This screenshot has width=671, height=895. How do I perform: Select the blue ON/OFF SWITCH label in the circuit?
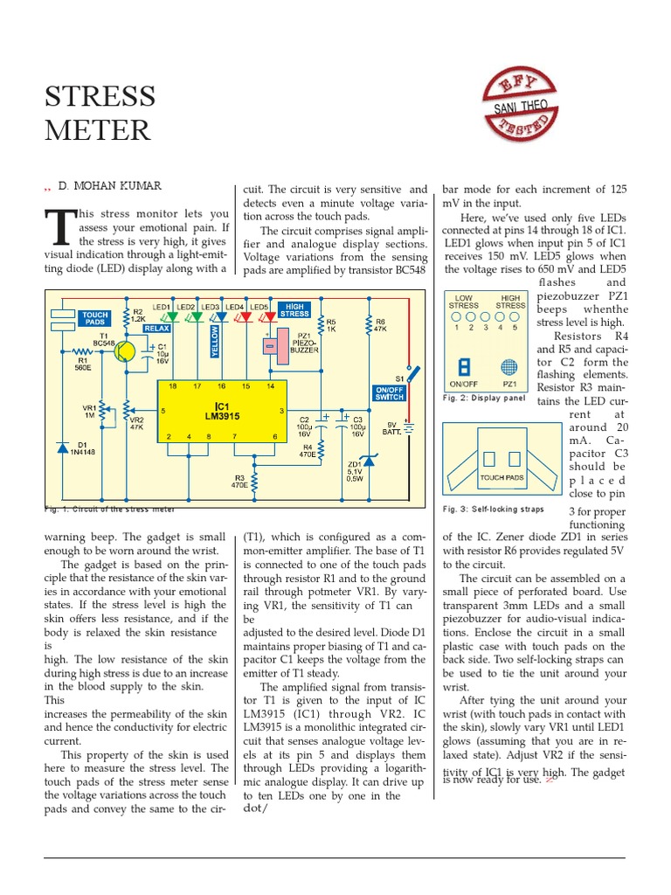pyautogui.click(x=389, y=393)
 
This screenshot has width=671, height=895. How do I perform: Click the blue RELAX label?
pyautogui.click(x=156, y=328)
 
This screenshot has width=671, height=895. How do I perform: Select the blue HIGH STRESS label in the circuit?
pyautogui.click(x=294, y=309)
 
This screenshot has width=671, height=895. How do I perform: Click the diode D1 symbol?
pyautogui.click(x=62, y=447)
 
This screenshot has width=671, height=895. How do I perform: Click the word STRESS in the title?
pyautogui.click(x=100, y=96)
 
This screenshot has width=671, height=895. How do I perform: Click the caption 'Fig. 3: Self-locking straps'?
pyautogui.click(x=493, y=509)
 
